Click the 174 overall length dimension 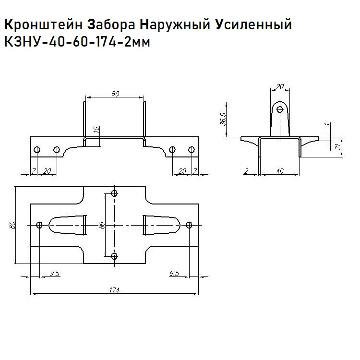coord(114,289)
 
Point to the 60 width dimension coord(115,94)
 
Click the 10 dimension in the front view coord(96,130)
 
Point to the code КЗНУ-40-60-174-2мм coord(77,42)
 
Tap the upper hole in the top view coord(114,193)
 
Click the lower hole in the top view coord(114,256)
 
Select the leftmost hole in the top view coord(39,225)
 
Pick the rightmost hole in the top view coord(189,225)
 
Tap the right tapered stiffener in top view coord(160,224)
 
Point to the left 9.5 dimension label coord(54,273)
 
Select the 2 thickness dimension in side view coord(246,171)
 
